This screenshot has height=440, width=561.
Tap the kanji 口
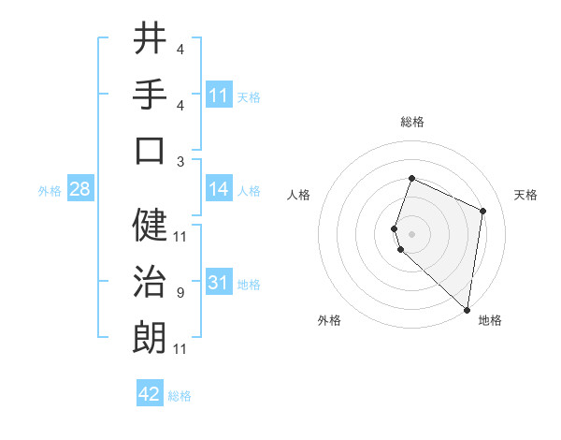(x=150, y=150)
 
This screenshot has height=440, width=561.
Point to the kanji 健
(x=150, y=225)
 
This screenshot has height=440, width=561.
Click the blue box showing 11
(x=219, y=95)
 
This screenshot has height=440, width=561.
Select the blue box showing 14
(x=219, y=189)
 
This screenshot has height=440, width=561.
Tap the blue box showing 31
(x=219, y=283)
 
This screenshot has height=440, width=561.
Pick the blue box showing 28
(x=80, y=189)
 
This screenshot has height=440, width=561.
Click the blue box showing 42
(x=150, y=394)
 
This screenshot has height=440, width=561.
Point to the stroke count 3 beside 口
(x=180, y=161)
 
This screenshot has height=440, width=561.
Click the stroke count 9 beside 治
(x=180, y=293)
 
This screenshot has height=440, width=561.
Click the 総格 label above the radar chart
(x=412, y=122)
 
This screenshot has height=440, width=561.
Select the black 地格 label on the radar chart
(x=490, y=320)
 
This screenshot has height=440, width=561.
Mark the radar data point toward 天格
(x=483, y=211)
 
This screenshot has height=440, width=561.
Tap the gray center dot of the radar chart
(x=412, y=232)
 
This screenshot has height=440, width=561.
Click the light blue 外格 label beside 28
(x=50, y=190)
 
